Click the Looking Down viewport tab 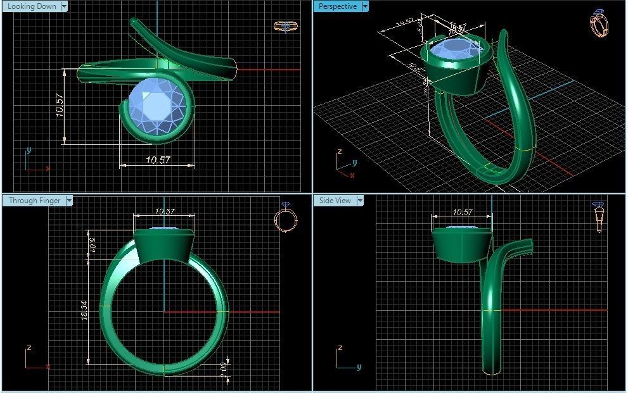point(32,6)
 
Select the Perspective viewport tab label point(337,6)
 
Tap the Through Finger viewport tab point(34,201)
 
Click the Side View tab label point(335,201)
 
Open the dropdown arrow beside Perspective point(364,6)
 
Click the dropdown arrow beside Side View point(360,201)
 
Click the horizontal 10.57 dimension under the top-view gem point(158,161)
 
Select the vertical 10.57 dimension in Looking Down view point(60,105)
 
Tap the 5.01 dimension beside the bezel point(91,244)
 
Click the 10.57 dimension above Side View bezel point(463,212)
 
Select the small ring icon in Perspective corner point(598,24)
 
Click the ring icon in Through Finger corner point(286,218)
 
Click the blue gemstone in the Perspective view point(455,50)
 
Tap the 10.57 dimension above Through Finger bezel point(164,211)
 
